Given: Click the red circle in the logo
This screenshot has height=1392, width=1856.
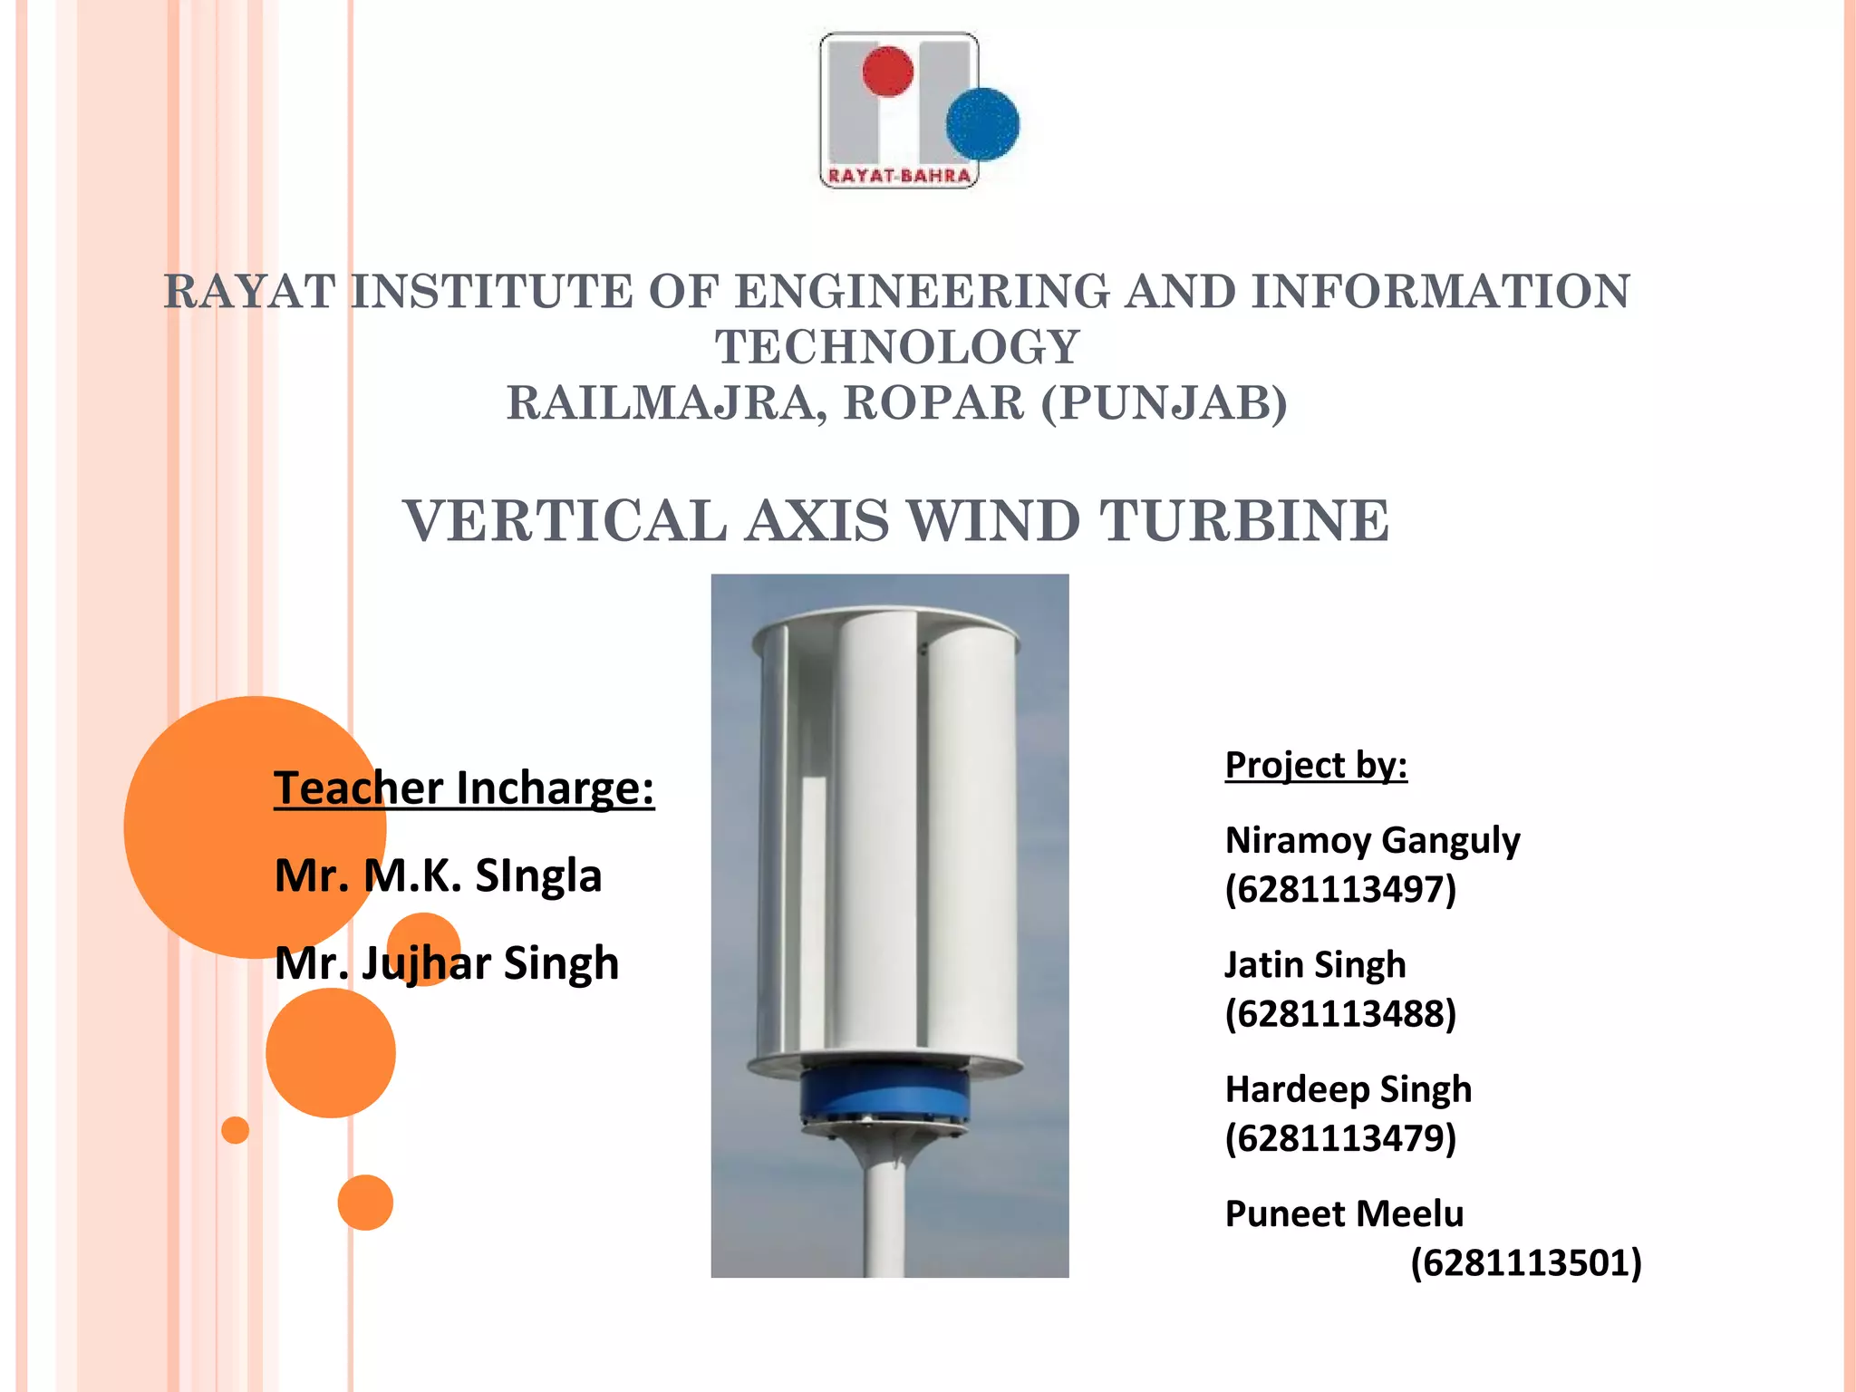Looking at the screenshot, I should pyautogui.click(x=887, y=72).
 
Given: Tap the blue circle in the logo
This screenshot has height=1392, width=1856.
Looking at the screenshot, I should pyautogui.click(x=982, y=124).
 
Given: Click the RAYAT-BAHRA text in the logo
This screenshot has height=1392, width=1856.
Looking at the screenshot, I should pyautogui.click(x=899, y=176).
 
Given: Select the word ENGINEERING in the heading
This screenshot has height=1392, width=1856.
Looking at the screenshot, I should pyautogui.click(x=922, y=292).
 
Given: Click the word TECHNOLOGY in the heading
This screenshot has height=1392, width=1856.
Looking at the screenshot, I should pyautogui.click(x=897, y=347).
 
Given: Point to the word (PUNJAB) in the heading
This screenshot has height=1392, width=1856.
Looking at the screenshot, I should pyautogui.click(x=1164, y=403).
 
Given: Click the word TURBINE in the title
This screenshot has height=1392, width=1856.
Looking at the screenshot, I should pyautogui.click(x=1243, y=521).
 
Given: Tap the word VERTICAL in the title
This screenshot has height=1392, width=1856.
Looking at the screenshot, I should pyautogui.click(x=565, y=521).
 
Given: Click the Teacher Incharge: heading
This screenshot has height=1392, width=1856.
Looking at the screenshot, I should pyautogui.click(x=464, y=788).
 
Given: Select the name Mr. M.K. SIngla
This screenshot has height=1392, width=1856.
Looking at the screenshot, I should pyautogui.click(x=438, y=875).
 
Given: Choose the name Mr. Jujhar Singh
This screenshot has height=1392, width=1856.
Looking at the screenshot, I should pyautogui.click(x=447, y=962).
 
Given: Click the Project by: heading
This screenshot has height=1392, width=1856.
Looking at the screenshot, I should pyautogui.click(x=1316, y=765).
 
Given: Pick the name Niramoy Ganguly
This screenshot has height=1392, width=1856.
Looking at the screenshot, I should pyautogui.click(x=1372, y=840).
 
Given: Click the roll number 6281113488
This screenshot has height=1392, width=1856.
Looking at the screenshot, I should pyautogui.click(x=1340, y=1013).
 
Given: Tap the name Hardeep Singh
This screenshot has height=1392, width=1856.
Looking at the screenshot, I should pyautogui.click(x=1348, y=1089).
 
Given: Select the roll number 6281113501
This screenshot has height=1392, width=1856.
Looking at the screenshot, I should pyautogui.click(x=1526, y=1262).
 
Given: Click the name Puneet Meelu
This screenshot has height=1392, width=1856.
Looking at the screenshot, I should pyautogui.click(x=1344, y=1213).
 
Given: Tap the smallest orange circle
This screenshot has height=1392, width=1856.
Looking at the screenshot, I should pyautogui.click(x=236, y=1130).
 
